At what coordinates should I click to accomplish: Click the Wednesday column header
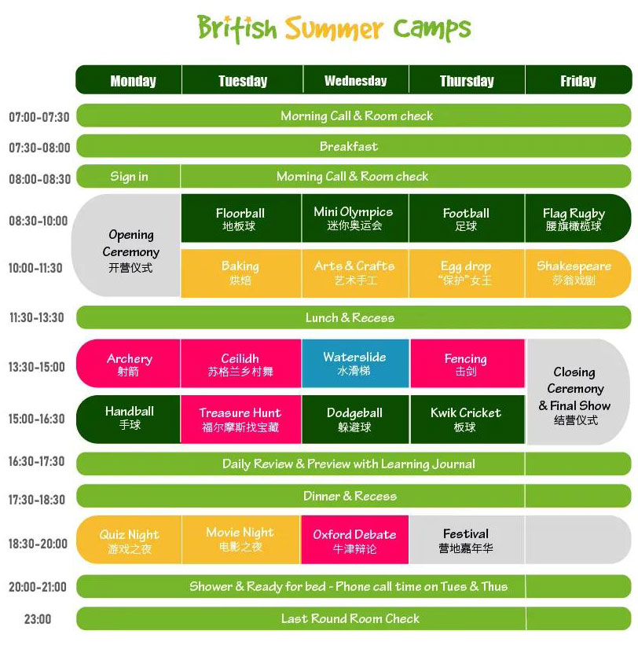click(356, 80)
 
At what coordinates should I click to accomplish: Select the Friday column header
click(578, 80)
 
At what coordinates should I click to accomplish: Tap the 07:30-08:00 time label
click(39, 147)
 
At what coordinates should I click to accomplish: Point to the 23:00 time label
click(38, 618)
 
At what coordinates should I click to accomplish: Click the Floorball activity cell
click(241, 218)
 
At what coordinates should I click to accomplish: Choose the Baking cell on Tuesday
click(241, 273)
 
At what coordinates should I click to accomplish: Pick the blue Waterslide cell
click(355, 363)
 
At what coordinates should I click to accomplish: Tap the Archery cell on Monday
click(128, 363)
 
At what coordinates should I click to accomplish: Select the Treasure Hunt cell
click(241, 420)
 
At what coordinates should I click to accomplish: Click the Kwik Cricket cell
click(467, 420)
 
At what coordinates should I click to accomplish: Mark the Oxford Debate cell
click(355, 539)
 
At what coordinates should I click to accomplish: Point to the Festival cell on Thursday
click(467, 539)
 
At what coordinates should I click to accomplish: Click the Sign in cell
click(128, 177)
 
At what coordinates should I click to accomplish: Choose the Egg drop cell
click(467, 273)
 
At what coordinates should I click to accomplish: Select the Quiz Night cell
click(129, 539)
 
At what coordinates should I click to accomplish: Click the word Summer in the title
click(334, 29)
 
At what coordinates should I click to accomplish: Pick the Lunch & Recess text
click(350, 317)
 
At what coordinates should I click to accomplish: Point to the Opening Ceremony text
click(130, 243)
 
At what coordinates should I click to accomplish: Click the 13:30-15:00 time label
click(37, 367)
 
